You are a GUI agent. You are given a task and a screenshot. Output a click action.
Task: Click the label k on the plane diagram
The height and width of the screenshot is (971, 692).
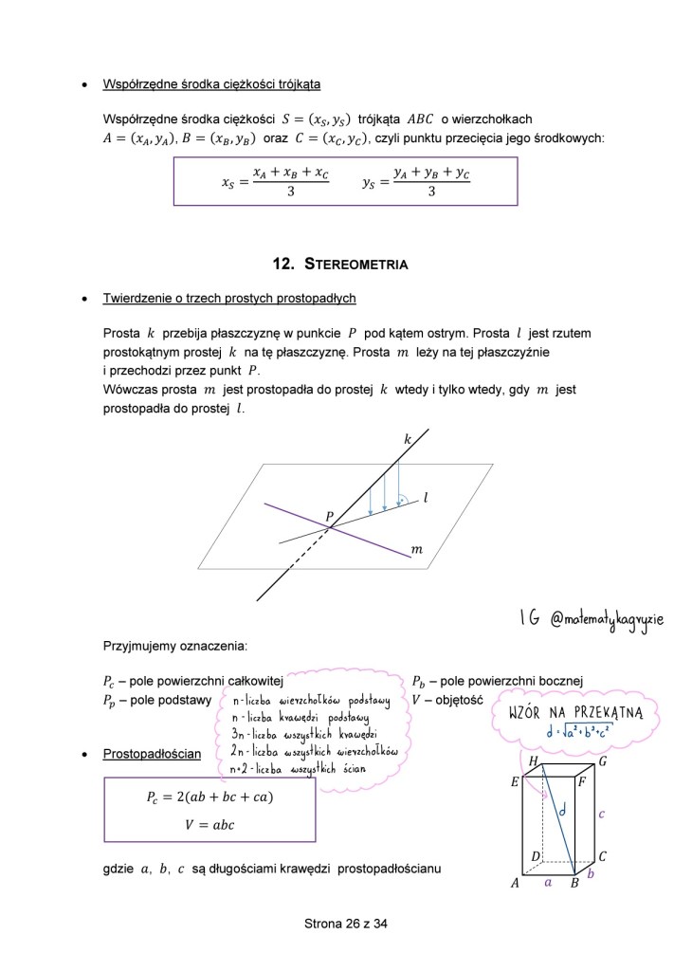[x=407, y=439]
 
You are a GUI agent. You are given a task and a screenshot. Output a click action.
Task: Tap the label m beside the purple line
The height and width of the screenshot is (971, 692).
[x=415, y=549]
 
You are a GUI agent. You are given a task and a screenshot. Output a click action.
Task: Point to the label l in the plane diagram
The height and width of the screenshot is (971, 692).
[x=426, y=496]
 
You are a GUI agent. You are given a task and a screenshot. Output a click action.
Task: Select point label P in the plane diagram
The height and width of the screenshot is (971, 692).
[x=329, y=517]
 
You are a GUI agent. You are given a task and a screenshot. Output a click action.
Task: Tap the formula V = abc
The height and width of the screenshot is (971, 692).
[x=209, y=824]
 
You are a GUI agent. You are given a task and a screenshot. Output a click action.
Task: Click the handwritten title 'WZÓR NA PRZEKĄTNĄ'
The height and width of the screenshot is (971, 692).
[x=576, y=712]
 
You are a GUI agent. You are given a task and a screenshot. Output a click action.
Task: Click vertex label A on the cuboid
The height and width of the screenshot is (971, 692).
[x=516, y=883]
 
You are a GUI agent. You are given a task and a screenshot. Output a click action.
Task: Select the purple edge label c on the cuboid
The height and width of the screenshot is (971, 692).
[x=601, y=813]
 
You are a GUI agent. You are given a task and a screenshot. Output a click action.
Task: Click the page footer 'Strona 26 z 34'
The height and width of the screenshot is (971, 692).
[x=346, y=923]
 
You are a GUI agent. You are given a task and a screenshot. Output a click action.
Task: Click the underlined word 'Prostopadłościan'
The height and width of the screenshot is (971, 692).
[x=152, y=754]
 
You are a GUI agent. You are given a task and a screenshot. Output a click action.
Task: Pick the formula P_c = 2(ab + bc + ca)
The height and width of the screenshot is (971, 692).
[x=209, y=797]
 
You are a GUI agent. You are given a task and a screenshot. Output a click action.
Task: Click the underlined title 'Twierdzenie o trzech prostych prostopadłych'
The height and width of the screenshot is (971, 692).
[x=229, y=298]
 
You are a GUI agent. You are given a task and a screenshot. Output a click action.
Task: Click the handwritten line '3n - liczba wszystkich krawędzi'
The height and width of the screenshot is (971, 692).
[x=305, y=735]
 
